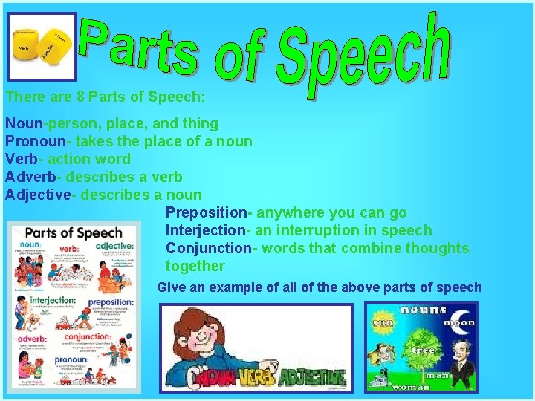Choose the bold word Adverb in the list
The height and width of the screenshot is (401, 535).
click(x=30, y=177)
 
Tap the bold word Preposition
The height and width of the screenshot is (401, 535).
click(x=205, y=212)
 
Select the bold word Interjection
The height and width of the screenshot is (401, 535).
click(x=205, y=230)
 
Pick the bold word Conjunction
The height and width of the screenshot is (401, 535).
click(x=209, y=248)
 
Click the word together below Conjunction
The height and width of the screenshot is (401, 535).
click(x=195, y=266)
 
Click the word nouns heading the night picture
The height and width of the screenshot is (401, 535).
click(x=423, y=309)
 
